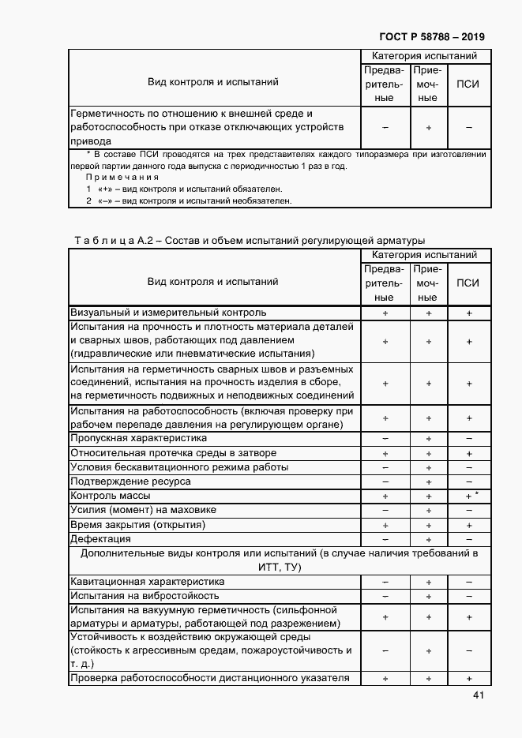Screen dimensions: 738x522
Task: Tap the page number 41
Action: pyautogui.click(x=479, y=695)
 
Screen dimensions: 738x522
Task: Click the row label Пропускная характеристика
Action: pyautogui.click(x=139, y=438)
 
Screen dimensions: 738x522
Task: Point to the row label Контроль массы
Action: pyautogui.click(x=111, y=496)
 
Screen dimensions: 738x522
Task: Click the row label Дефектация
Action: pyautogui.click(x=101, y=539)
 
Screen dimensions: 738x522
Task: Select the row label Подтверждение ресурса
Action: pyautogui.click(x=130, y=481)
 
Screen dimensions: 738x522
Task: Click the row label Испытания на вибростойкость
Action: pyautogui.click(x=145, y=596)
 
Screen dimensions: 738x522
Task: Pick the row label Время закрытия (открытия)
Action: pyautogui.click(x=138, y=525)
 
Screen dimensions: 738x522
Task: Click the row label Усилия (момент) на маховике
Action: pyautogui.click(x=143, y=511)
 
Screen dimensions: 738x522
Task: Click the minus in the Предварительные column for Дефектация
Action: pyautogui.click(x=385, y=539)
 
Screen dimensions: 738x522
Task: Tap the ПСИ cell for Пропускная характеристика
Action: pyautogui.click(x=468, y=438)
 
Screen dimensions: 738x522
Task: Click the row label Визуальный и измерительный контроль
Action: pyautogui.click(x=169, y=313)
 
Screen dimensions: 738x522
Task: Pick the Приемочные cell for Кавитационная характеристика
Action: pyautogui.click(x=428, y=582)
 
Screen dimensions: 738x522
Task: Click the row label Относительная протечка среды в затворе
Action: pyautogui.click(x=174, y=453)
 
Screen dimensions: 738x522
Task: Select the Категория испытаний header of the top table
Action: pyautogui.click(x=425, y=56)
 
